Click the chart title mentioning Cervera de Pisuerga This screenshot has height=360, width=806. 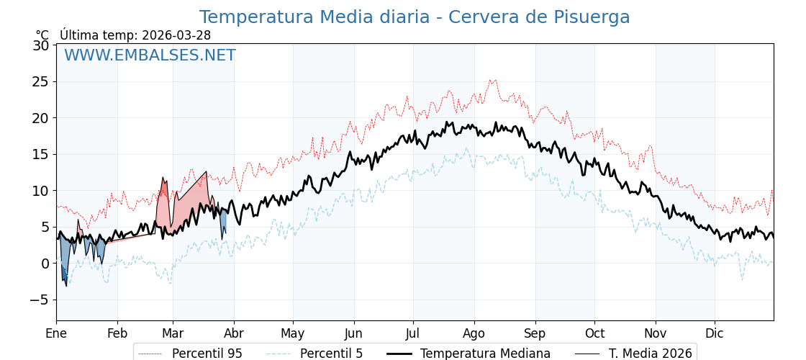pos(414,17)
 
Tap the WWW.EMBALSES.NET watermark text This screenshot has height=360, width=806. pos(150,55)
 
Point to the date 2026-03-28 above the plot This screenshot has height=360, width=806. pos(176,35)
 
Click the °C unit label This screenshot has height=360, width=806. pos(42,35)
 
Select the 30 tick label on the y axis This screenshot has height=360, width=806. pos(41,45)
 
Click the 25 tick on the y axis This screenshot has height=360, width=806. pos(41,81)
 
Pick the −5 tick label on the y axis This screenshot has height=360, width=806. pos(38,300)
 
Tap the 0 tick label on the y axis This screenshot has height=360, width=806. pos(45,264)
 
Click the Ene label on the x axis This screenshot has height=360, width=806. pos(56,333)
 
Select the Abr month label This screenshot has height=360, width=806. pos(234,333)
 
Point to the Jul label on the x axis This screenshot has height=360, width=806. pos(413,333)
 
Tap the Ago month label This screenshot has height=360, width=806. pos(474,333)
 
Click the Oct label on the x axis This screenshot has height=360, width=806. pos(594,333)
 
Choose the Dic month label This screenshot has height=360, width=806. pos(715,333)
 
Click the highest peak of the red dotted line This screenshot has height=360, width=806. pos(494,80)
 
